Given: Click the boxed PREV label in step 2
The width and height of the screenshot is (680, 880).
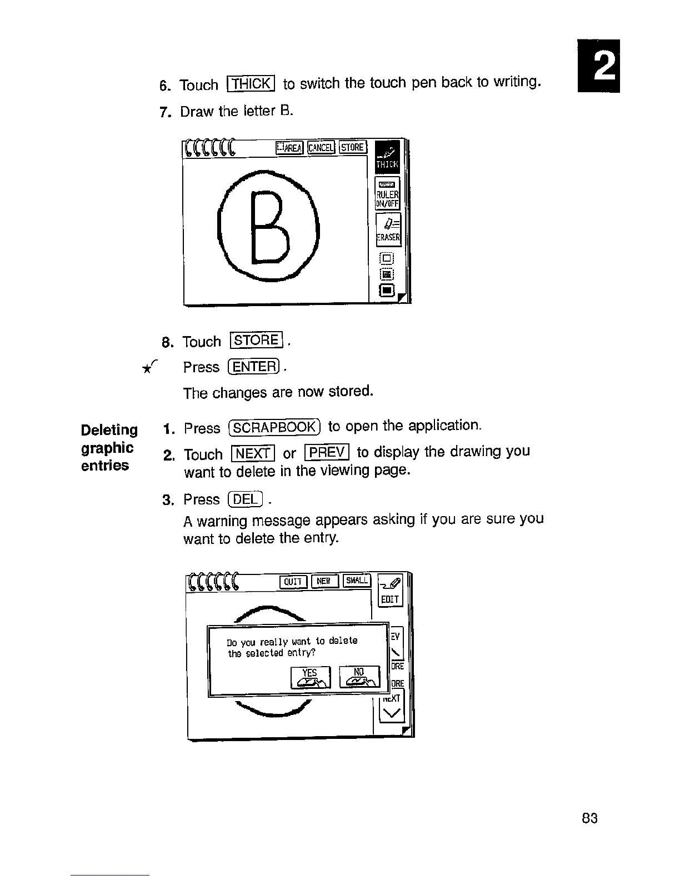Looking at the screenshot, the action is coord(327,452).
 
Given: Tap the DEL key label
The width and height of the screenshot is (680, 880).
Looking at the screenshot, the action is coord(244,499).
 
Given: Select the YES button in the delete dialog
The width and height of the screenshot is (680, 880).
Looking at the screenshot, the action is coord(310,676).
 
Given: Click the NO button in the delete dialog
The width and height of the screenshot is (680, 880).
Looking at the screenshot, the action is coord(359,676).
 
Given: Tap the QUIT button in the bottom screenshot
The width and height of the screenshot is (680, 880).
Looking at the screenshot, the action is coord(292,581).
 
